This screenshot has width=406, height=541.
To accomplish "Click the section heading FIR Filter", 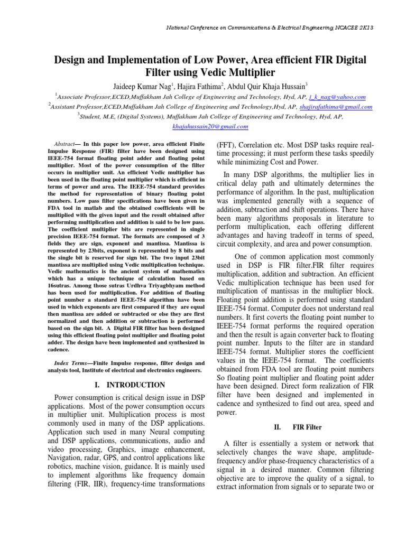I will point(307,426).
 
